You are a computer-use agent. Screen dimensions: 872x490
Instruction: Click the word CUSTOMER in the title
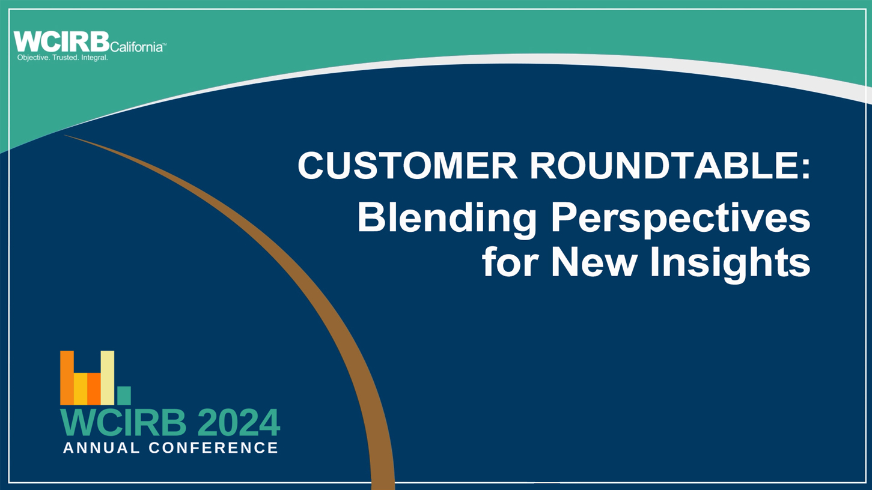point(407,165)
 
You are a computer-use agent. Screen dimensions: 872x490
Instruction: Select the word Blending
point(447,219)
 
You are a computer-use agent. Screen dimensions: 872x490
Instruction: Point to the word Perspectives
point(680,219)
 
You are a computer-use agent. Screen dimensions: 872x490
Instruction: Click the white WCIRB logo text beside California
point(61,41)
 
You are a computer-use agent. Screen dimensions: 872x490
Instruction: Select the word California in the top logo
point(136,47)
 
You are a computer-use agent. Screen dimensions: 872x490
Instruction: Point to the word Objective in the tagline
point(34,58)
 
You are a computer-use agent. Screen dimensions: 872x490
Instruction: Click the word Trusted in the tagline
point(66,58)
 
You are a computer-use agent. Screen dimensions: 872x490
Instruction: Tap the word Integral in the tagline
point(94,58)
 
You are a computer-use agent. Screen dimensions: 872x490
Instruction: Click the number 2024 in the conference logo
point(239,423)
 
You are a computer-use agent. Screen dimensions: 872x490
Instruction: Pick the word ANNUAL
point(101,447)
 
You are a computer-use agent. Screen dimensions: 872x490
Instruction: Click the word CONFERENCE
point(213,447)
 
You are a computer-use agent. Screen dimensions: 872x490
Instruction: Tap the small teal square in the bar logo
point(124,396)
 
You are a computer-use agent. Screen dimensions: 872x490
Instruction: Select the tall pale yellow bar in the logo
point(108,378)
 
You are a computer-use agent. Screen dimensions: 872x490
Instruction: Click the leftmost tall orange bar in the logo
point(67,378)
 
